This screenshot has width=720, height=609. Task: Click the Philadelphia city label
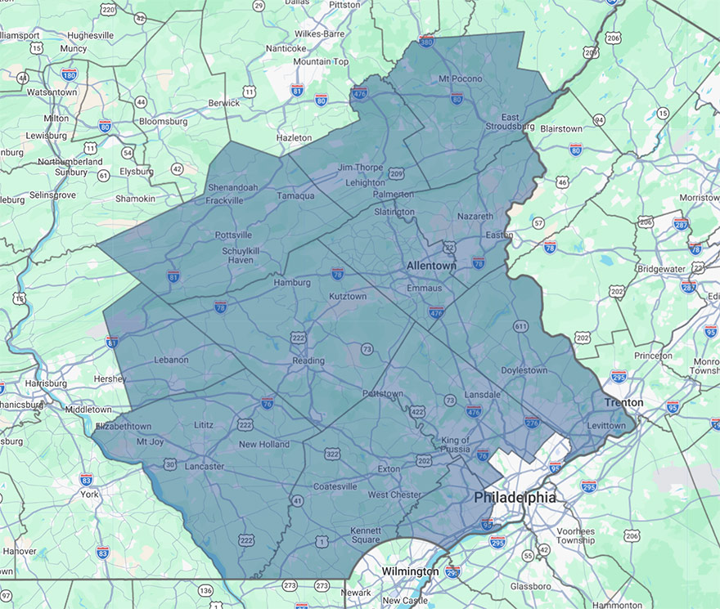tap(515, 497)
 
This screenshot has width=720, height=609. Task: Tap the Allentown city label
tap(431, 266)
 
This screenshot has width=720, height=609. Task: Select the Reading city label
tap(308, 360)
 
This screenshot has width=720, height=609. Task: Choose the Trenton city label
tap(623, 402)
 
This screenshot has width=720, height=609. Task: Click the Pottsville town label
tap(233, 235)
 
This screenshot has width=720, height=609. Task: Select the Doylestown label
tap(524, 370)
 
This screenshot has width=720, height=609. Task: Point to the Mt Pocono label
tap(461, 78)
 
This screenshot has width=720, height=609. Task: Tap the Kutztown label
tap(348, 296)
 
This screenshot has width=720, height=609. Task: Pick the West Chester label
tap(394, 495)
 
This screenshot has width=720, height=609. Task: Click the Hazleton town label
tap(295, 138)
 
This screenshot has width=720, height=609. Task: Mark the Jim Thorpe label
tap(360, 168)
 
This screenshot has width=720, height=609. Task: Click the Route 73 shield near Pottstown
tap(450, 400)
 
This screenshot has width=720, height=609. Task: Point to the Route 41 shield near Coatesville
tap(297, 500)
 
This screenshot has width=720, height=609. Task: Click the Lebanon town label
tap(171, 360)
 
